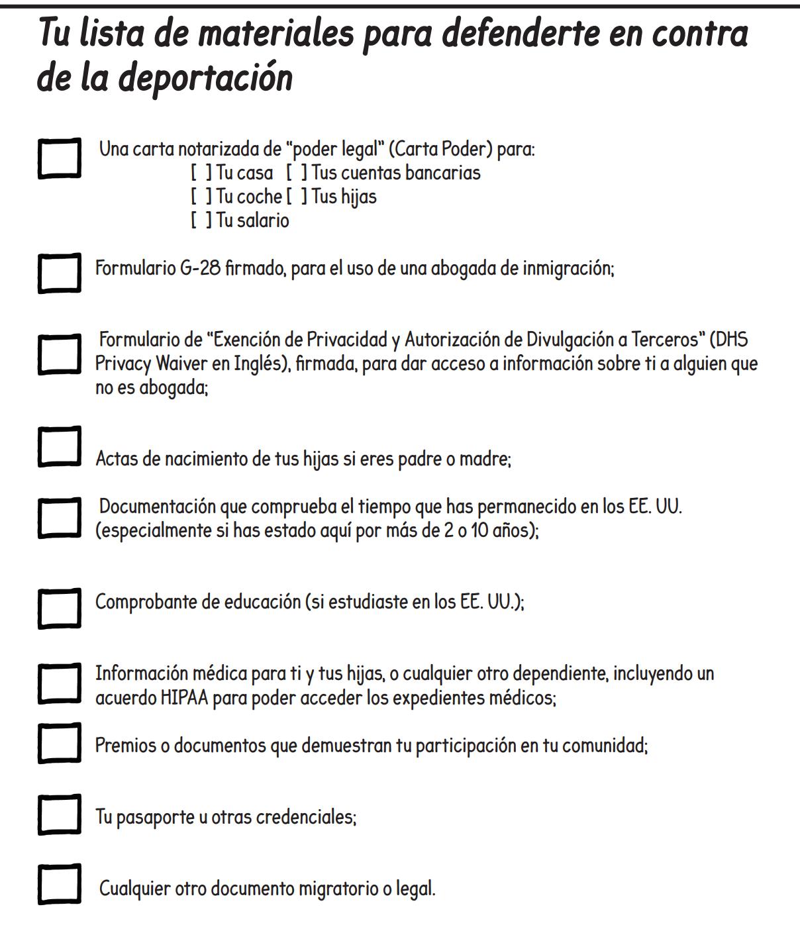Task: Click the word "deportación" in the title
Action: point(206,77)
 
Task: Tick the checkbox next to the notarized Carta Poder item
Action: point(60,158)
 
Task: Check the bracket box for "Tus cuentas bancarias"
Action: point(297,173)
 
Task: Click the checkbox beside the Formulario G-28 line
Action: point(60,273)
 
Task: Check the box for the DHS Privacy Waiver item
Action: point(60,354)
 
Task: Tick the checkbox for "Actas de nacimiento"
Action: point(60,446)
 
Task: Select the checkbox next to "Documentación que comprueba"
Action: point(60,517)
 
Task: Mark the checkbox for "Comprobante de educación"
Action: point(60,607)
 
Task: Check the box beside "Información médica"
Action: point(60,683)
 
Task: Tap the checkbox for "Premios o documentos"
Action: point(60,743)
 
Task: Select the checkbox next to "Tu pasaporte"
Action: point(60,814)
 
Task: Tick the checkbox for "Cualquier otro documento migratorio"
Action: point(60,884)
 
